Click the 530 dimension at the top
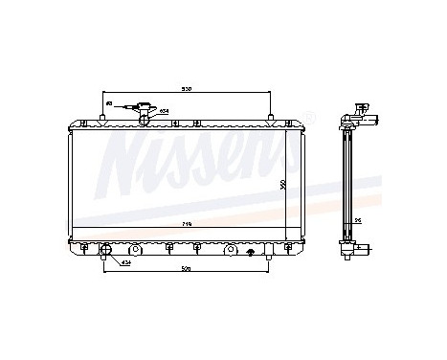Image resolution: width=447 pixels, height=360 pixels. coord(188,90)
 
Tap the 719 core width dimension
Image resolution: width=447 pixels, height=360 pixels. coord(188,223)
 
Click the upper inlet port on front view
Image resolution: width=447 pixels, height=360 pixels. coord(145,114)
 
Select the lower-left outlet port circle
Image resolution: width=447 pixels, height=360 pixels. coord(106,254)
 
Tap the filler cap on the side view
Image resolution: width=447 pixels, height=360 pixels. coord(360,107)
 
